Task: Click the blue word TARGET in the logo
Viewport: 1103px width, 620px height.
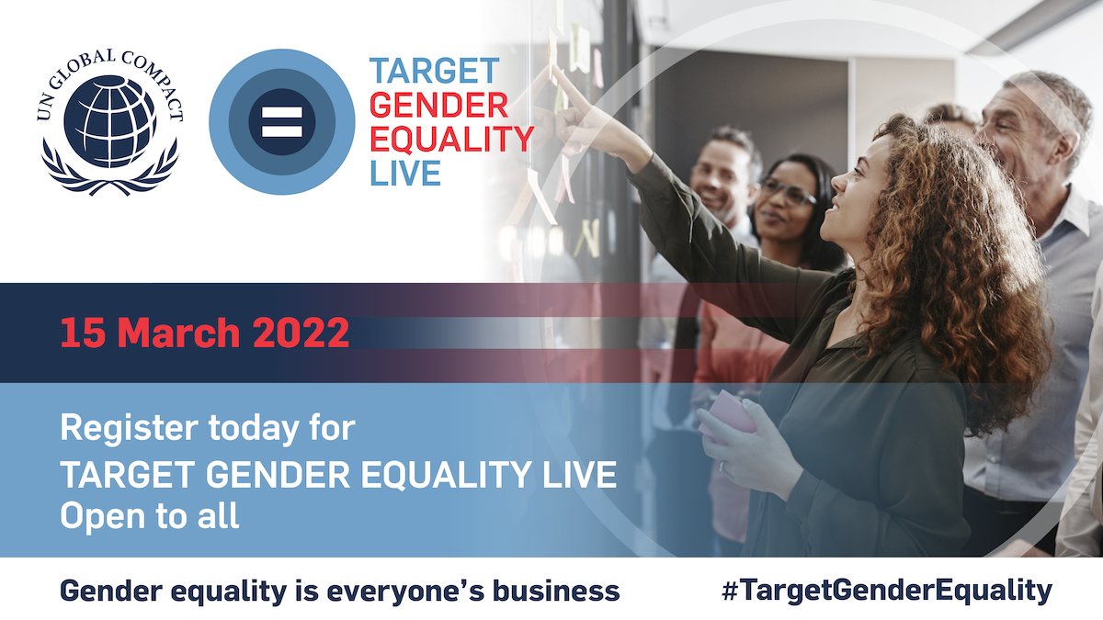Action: pyautogui.click(x=434, y=72)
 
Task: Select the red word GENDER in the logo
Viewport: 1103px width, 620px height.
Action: pyautogui.click(x=438, y=106)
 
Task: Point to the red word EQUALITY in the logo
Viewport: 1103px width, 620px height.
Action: pyautogui.click(x=451, y=139)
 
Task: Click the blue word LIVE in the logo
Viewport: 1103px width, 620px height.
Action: pyautogui.click(x=405, y=172)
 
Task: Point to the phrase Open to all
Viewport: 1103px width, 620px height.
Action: pyautogui.click(x=150, y=515)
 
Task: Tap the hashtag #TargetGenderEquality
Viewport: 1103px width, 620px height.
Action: pyautogui.click(x=886, y=590)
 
